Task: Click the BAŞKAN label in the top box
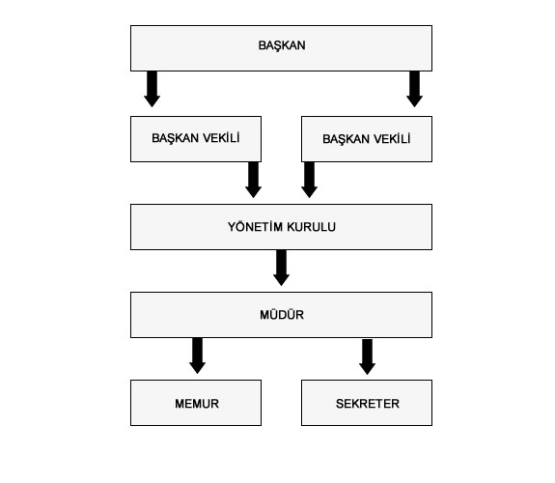tap(282, 45)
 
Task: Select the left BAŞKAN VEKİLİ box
tap(196, 139)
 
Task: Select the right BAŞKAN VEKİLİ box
tap(367, 139)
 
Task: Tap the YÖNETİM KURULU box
tap(282, 227)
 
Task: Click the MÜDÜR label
tap(282, 315)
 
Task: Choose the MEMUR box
tap(196, 403)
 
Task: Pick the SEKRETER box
tap(367, 403)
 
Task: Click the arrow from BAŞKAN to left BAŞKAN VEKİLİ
tap(152, 89)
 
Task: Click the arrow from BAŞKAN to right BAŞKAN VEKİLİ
tap(414, 89)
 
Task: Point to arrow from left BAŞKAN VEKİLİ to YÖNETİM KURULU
tap(254, 180)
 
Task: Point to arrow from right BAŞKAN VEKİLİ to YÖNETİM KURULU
tap(310, 180)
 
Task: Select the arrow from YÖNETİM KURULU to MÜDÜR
tap(282, 268)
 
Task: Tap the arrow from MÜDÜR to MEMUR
tap(198, 355)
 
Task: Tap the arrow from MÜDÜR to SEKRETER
tap(368, 356)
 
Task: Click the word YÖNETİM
tap(255, 226)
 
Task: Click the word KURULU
tap(312, 227)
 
